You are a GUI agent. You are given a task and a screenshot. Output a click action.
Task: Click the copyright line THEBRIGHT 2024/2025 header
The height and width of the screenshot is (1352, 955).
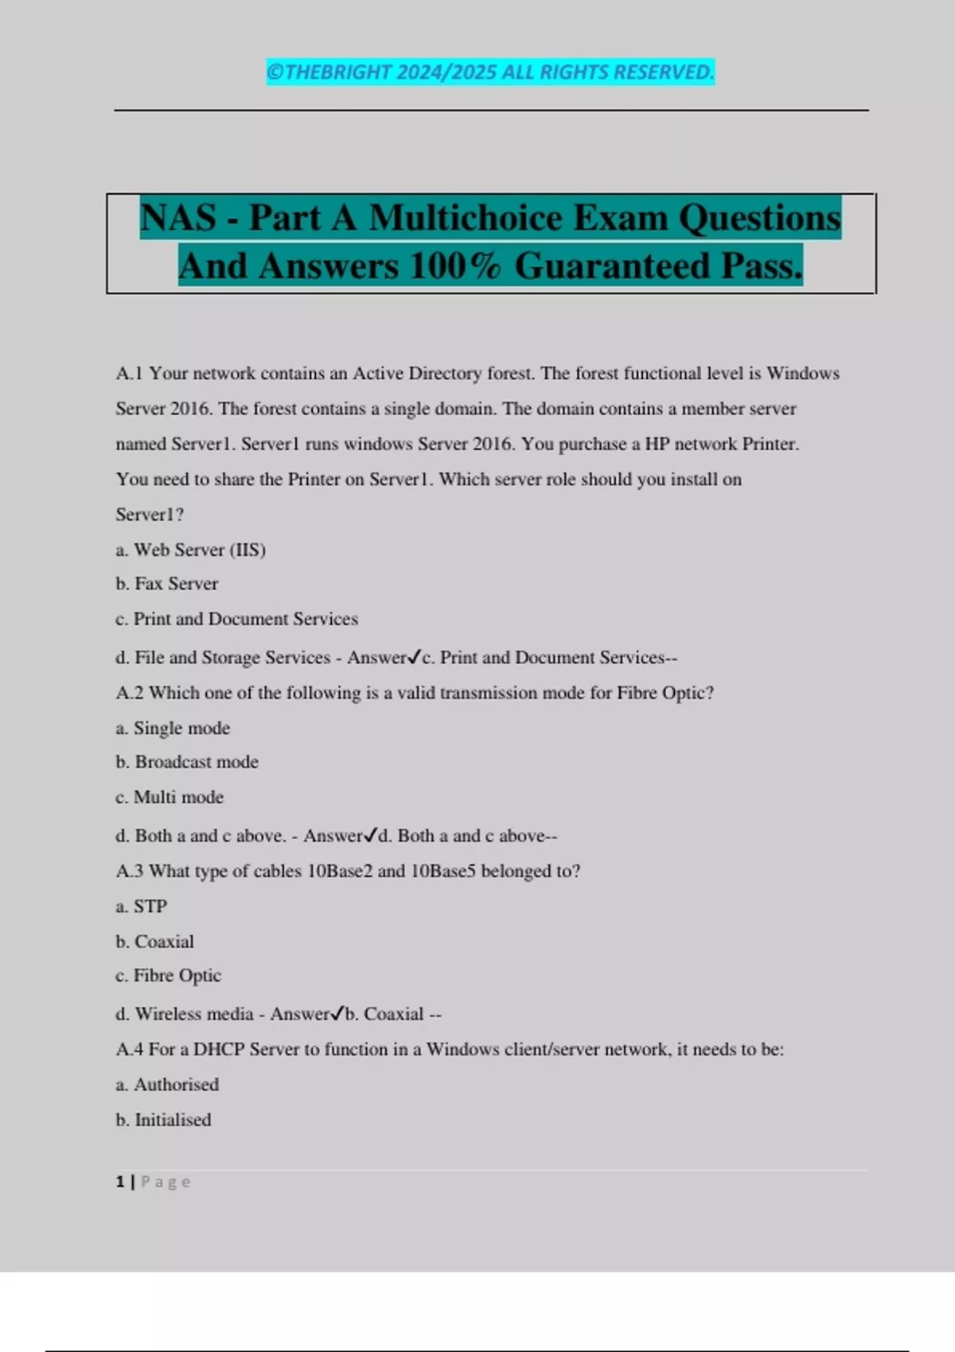pos(490,72)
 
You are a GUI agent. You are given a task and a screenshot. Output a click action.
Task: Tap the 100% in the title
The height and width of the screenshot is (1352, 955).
pos(455,266)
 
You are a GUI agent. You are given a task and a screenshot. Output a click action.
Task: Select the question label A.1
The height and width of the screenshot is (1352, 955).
pos(130,374)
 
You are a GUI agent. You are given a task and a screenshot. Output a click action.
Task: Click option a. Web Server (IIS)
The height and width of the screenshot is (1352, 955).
pos(191,550)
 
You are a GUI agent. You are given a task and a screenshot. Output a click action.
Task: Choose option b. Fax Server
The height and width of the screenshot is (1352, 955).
pos(167,584)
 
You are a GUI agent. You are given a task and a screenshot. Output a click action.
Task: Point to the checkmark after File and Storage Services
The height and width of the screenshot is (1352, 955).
pos(414,657)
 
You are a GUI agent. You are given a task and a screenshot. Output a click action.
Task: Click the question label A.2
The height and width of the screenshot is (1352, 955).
pos(130,693)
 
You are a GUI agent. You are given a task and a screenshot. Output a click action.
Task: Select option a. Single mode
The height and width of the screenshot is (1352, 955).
pos(173,728)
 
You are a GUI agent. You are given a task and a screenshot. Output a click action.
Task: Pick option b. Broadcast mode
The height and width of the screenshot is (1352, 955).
pos(187,762)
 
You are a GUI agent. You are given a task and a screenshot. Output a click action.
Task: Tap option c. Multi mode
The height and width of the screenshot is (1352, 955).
pos(170,797)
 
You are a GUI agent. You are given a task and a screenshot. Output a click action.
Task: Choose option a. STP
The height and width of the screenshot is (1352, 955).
pos(142,906)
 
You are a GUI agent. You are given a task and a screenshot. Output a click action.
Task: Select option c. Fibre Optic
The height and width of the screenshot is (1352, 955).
pos(169,975)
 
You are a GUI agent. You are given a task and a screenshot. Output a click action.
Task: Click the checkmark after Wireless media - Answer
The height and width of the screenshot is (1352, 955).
pos(337,1013)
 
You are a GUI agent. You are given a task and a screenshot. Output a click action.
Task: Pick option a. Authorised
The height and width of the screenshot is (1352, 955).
pos(167,1084)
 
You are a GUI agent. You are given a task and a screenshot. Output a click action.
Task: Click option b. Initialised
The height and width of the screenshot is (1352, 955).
pos(164,1120)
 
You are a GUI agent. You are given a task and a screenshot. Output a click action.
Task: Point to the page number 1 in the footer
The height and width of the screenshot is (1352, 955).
pos(120,1182)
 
